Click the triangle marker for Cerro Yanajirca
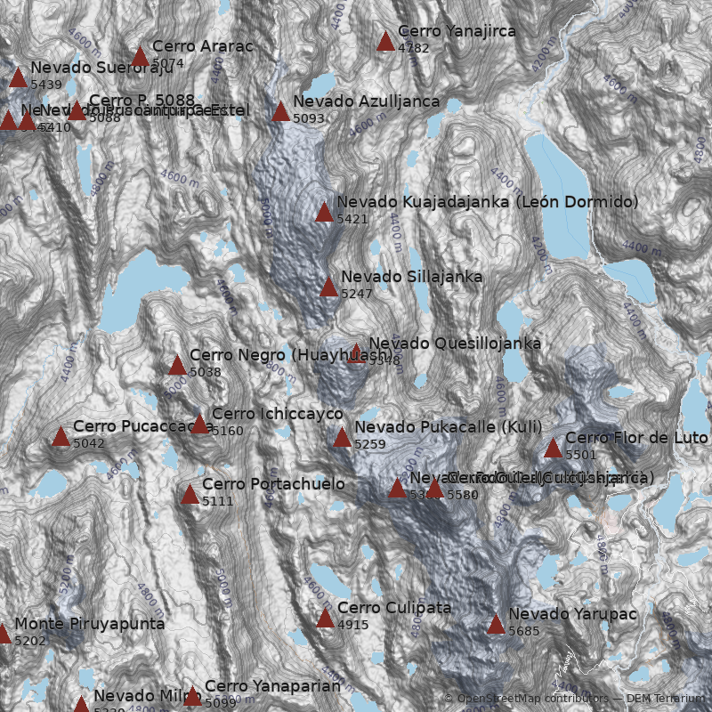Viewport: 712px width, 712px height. click(x=385, y=41)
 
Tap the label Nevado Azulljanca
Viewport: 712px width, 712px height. click(x=366, y=101)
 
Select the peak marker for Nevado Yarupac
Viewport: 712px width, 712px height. click(x=496, y=624)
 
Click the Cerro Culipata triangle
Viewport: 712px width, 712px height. click(x=325, y=618)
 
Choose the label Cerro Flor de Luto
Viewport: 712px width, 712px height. click(x=635, y=438)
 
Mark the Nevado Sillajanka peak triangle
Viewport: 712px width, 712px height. click(x=329, y=287)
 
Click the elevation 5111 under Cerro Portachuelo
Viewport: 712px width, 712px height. click(x=217, y=502)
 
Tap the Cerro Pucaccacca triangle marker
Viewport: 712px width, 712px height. click(x=61, y=436)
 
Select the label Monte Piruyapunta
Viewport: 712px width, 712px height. click(x=89, y=624)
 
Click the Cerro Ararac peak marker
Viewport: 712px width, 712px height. click(x=140, y=56)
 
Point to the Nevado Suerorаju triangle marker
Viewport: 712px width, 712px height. click(x=18, y=77)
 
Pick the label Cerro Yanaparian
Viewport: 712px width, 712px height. click(x=272, y=686)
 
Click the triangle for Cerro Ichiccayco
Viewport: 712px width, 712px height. click(x=199, y=424)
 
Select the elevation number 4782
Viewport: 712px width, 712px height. click(x=413, y=48)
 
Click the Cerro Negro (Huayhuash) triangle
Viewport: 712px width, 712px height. click(x=177, y=365)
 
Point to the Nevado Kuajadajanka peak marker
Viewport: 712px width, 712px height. click(x=324, y=212)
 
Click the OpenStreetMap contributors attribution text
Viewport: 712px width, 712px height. click(x=526, y=699)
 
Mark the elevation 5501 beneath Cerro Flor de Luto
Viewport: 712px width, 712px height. click(x=580, y=455)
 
